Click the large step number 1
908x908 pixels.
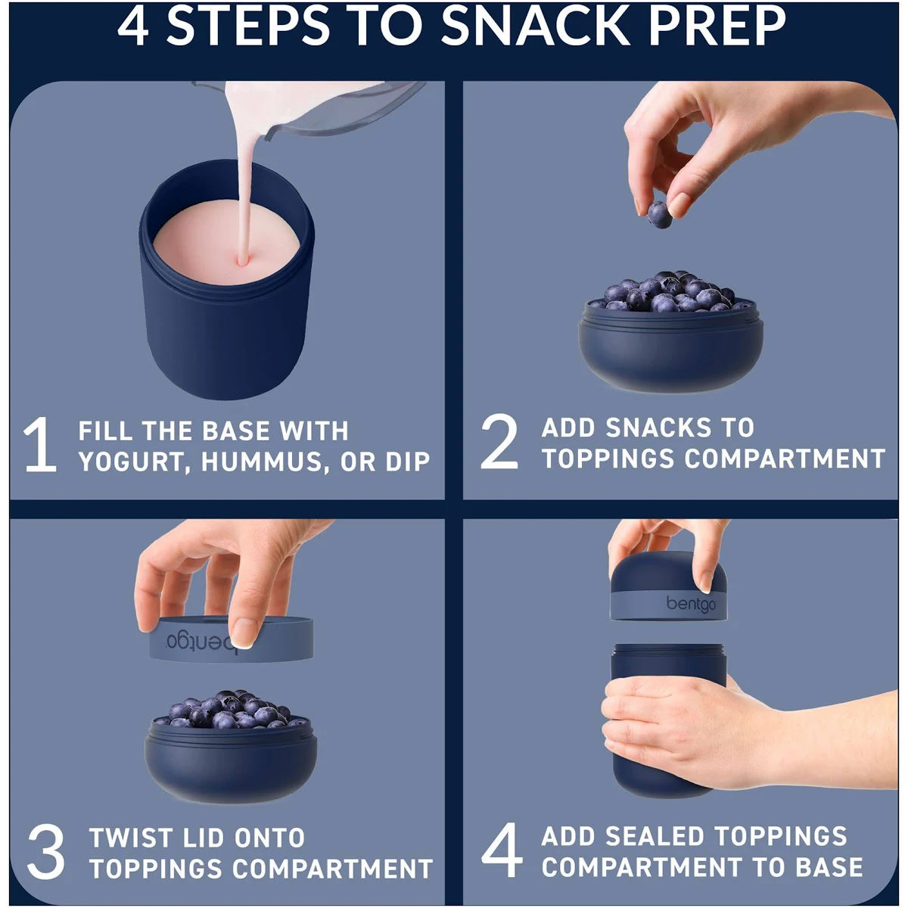tap(40, 444)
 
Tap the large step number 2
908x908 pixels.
tap(499, 441)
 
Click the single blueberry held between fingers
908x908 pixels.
tap(659, 215)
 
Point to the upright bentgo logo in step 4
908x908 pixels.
tap(691, 604)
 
